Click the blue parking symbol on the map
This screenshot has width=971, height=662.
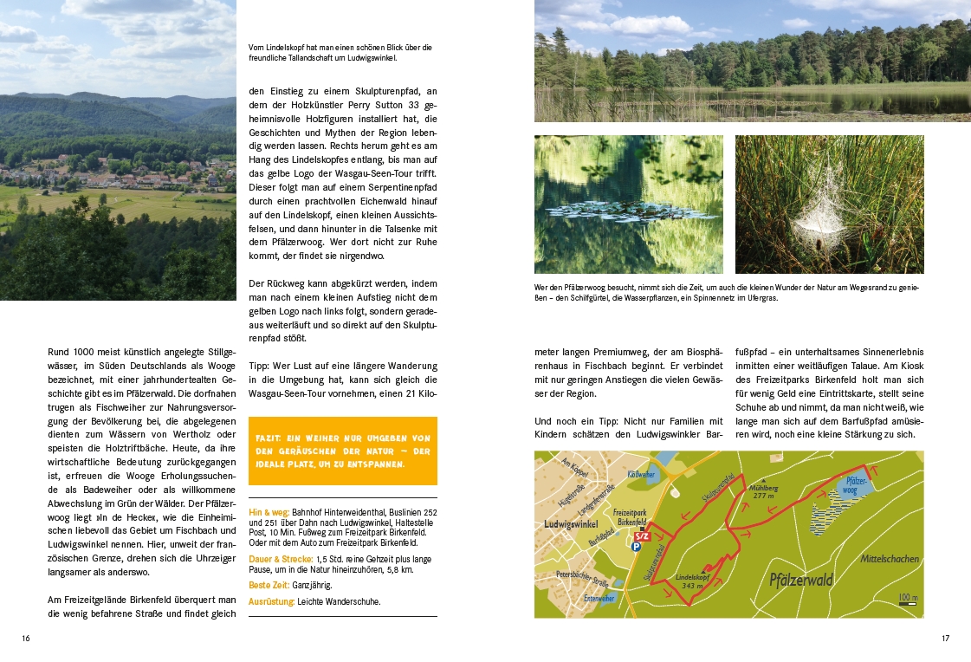[x=637, y=547]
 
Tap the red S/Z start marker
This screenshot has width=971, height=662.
[x=641, y=536]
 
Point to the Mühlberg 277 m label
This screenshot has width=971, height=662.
[x=764, y=491]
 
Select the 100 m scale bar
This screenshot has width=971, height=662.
[x=907, y=600]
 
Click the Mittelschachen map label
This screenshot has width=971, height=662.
[x=889, y=559]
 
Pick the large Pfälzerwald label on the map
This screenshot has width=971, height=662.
[x=800, y=580]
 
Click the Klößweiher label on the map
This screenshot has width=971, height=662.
[x=638, y=474]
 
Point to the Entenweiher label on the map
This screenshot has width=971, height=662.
[x=599, y=598]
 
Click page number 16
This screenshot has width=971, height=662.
[x=26, y=639]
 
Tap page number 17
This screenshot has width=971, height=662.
[x=945, y=639]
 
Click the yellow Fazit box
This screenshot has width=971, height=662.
[x=342, y=451]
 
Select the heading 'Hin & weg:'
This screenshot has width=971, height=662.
[x=269, y=513]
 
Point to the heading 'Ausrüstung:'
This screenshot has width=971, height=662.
[x=271, y=601]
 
